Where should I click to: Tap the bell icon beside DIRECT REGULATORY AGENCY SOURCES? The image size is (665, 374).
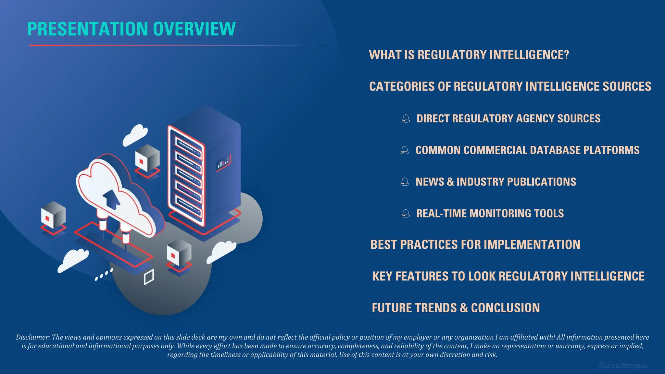(x=406, y=118)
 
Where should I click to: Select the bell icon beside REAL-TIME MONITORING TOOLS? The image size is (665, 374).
(x=406, y=213)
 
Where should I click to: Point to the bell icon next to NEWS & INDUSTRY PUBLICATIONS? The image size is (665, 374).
(x=405, y=182)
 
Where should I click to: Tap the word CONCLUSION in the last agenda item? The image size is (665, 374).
(x=505, y=308)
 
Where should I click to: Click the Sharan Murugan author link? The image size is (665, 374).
(x=622, y=365)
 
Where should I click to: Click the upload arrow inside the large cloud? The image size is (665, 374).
(x=111, y=199)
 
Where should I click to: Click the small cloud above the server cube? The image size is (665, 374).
(x=135, y=134)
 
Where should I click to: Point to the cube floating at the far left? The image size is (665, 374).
(x=53, y=215)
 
